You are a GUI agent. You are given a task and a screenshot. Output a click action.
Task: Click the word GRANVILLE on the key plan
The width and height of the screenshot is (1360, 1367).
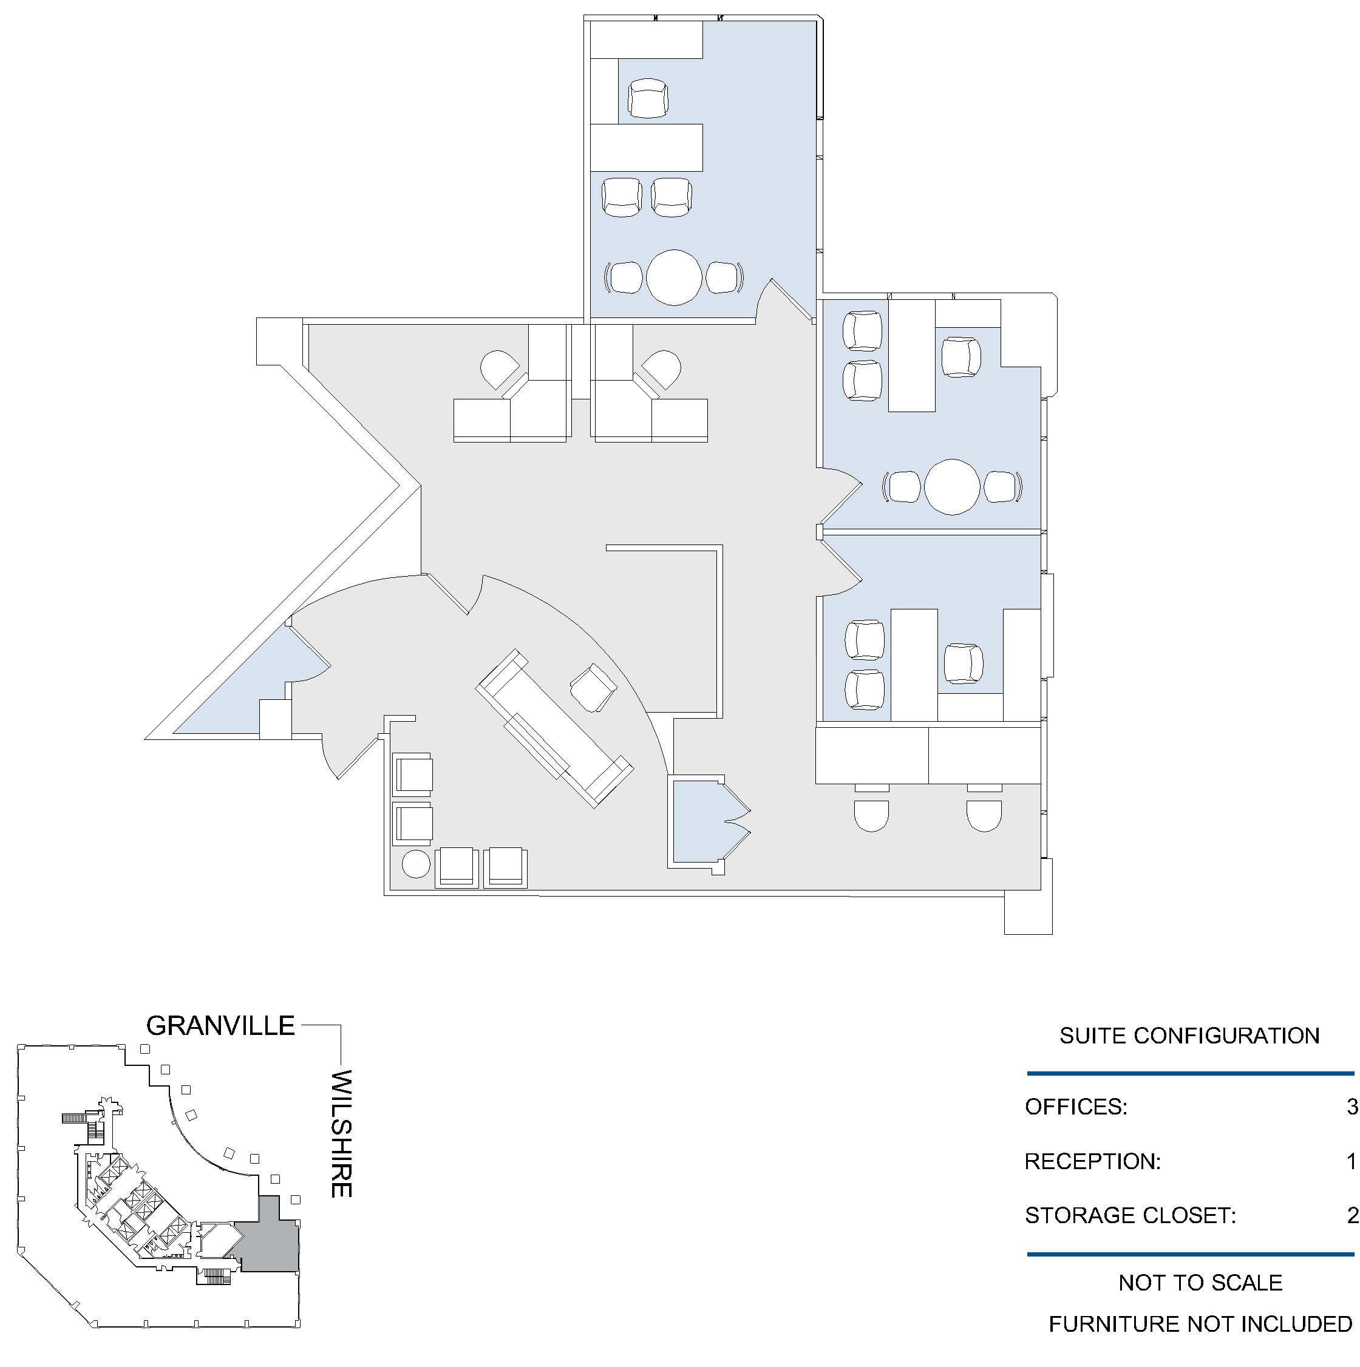[220, 1025]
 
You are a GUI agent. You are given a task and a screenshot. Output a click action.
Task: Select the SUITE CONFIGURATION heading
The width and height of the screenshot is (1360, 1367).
[1189, 1036]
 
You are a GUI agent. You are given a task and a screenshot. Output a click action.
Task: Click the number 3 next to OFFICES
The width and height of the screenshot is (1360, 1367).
[1352, 1106]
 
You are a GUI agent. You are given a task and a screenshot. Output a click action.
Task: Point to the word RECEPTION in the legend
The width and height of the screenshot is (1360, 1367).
[1091, 1161]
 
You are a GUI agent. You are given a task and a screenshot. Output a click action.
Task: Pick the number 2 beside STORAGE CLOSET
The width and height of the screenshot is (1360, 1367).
[1352, 1216]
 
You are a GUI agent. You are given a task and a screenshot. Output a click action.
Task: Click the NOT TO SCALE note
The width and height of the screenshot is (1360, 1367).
[1200, 1283]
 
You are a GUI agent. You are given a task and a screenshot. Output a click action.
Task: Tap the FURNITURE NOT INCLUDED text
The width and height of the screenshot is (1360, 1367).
[1200, 1324]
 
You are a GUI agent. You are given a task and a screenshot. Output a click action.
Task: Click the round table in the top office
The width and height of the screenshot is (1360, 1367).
[674, 277]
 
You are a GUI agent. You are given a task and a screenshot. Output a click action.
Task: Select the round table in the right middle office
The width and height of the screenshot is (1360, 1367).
[952, 487]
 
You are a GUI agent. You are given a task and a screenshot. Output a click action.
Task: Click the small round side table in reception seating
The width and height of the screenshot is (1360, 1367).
[415, 864]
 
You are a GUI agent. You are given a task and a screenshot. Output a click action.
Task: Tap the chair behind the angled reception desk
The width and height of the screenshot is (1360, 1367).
[593, 687]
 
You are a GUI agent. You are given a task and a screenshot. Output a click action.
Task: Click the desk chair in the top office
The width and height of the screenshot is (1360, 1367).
[647, 98]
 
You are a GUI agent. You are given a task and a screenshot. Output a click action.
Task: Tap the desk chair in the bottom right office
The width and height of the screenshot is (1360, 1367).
[963, 663]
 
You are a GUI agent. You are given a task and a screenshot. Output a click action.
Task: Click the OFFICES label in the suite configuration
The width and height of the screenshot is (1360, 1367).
[1075, 1107]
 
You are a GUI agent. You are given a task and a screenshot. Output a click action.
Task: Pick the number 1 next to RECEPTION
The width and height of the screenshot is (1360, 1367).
[1352, 1161]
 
